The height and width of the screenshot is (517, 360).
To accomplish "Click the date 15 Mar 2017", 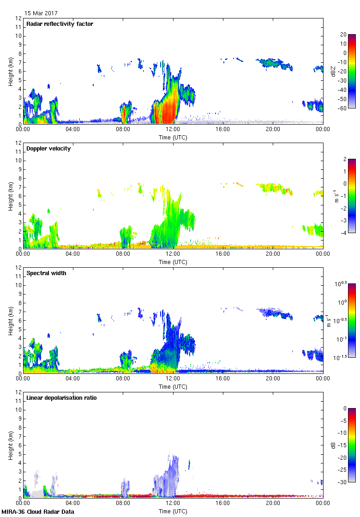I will coord(41,13).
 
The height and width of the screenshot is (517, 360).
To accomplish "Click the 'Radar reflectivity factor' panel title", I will coord(60,24).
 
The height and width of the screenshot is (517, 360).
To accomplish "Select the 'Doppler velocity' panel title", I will coord(48,149).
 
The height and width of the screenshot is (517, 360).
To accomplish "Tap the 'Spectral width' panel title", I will coord(47,273).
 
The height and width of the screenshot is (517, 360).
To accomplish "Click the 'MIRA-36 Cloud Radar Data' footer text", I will coord(38,511).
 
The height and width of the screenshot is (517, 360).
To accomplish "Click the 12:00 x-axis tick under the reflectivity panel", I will coord(173,129).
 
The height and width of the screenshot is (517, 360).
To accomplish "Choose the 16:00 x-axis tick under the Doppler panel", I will coord(223,254).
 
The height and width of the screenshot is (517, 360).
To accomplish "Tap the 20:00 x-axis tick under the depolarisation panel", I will coord(273,503).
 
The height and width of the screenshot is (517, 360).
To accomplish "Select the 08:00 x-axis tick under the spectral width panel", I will coord(123,379).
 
